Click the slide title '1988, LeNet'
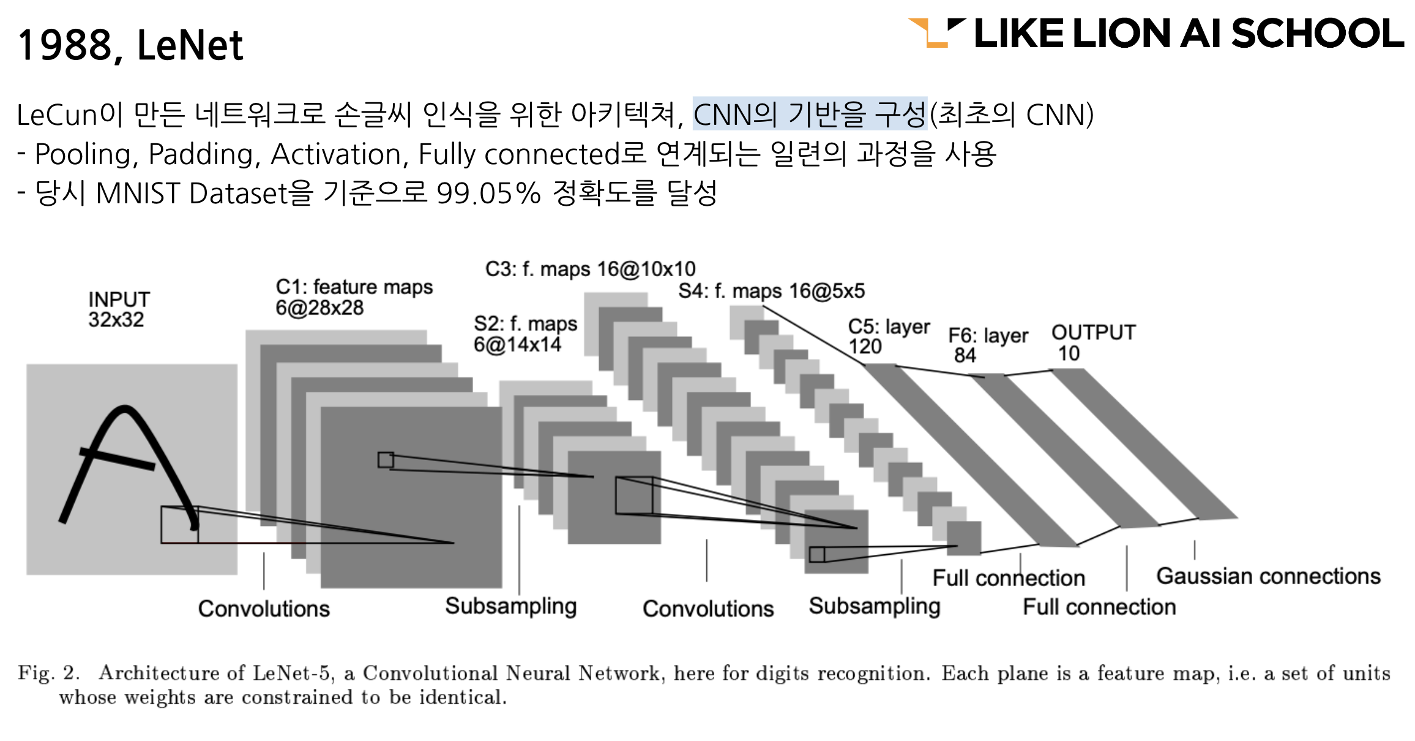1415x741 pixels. coord(130,45)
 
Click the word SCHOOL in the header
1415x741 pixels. coord(1316,34)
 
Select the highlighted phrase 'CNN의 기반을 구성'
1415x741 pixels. coord(810,114)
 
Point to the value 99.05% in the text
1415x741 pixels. coord(488,194)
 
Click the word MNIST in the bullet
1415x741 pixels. coord(139,194)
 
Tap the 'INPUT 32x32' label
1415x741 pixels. coord(119,309)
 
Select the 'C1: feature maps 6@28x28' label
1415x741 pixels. coord(354,296)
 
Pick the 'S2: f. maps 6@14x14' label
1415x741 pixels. coord(525,334)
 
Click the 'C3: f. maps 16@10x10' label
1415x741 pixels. coord(590,269)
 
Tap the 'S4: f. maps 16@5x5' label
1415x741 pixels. coord(771,291)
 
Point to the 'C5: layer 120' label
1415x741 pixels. coord(889,336)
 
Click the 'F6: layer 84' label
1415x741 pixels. coord(988,345)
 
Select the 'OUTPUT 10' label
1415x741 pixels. coord(1093,342)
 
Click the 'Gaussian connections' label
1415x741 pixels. coord(1268,576)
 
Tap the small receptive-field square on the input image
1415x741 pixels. coord(179,525)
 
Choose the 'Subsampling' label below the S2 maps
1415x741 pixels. coord(510,606)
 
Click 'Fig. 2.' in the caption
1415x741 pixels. coord(48,672)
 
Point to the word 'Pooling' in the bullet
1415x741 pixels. coord(83,154)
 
